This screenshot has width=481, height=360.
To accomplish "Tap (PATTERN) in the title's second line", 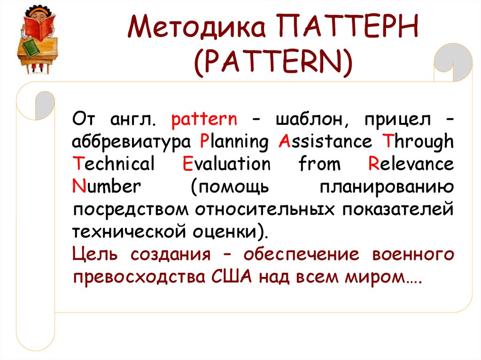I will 272,64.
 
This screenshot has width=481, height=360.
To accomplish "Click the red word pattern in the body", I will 204,120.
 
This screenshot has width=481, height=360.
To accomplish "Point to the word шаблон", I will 312,120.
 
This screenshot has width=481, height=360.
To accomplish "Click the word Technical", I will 114,165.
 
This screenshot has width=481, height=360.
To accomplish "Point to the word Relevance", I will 411,165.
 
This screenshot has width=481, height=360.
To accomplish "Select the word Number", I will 106,187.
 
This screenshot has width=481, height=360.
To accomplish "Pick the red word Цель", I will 96,255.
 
